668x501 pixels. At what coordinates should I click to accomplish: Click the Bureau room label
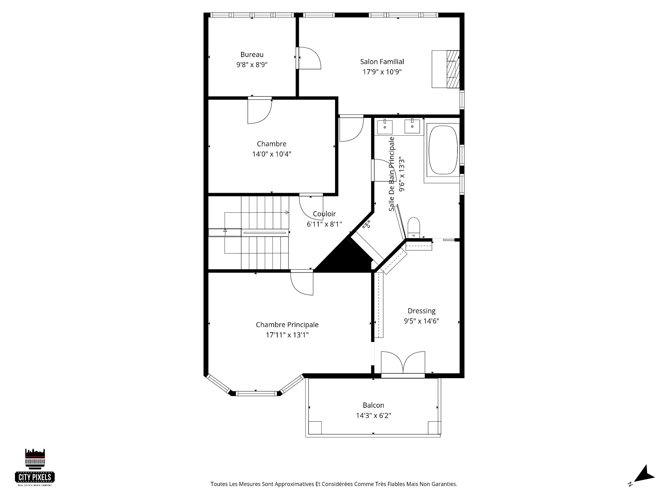click(252, 55)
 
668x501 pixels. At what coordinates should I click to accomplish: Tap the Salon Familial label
click(382, 62)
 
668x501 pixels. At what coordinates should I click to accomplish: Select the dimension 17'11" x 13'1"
click(287, 335)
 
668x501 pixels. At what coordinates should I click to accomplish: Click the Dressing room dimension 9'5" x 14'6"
click(421, 321)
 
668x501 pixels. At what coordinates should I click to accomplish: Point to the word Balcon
click(373, 405)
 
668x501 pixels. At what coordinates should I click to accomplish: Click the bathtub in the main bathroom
click(443, 150)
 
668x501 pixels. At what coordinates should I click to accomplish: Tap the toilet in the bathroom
click(414, 228)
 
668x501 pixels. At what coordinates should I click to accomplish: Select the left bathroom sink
click(385, 127)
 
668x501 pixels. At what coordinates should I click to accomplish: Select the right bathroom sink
click(412, 126)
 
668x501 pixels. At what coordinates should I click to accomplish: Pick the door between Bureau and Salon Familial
click(308, 58)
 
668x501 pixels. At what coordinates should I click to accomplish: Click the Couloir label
click(324, 214)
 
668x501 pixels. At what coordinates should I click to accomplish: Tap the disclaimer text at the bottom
click(334, 484)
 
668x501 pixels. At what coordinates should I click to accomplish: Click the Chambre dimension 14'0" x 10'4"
click(272, 154)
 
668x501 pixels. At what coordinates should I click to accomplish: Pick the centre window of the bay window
click(256, 393)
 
